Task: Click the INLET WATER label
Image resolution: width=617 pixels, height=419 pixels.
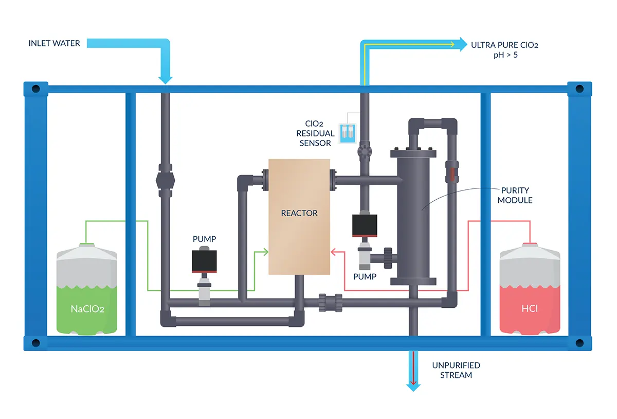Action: tap(54, 43)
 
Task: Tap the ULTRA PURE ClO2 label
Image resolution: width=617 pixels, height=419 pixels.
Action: tap(504, 45)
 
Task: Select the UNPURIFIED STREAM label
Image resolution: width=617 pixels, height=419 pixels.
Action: tap(456, 370)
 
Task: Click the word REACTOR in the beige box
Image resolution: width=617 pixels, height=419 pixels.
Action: tap(299, 213)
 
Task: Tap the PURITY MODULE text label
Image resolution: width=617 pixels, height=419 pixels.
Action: tap(515, 195)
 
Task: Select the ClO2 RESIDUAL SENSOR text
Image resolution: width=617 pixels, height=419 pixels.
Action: tap(315, 133)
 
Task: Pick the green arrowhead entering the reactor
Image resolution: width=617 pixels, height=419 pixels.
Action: tap(266, 252)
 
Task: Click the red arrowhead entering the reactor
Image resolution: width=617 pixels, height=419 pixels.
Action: tap(333, 252)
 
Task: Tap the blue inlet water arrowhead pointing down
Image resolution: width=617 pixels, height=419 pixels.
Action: tap(165, 79)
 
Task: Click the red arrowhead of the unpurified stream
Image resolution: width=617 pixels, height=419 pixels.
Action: tap(412, 383)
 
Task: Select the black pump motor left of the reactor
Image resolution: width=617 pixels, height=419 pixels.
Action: tap(204, 261)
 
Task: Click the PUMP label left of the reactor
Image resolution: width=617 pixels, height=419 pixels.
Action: tap(204, 239)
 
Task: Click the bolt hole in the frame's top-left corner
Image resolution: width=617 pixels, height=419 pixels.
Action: tap(36, 89)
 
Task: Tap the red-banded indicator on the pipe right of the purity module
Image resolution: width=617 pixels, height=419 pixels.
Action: tap(451, 172)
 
